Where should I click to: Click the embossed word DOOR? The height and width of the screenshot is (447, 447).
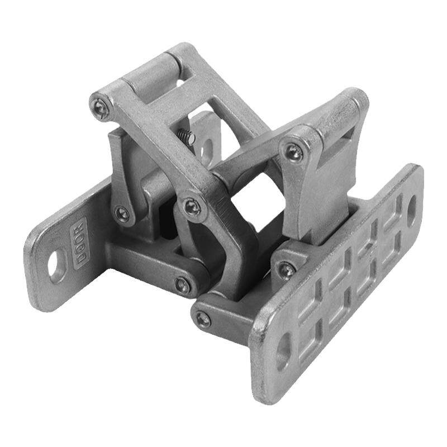pos(79,244)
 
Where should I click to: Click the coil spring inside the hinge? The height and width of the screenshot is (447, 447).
pos(187,136)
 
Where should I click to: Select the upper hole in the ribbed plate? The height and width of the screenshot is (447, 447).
pos(411,209)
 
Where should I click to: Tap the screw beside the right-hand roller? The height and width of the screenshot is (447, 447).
pos(294,153)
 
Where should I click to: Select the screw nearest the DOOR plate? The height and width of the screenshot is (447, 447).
pos(122,212)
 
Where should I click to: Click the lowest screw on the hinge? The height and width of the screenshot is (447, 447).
pos(203,319)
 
